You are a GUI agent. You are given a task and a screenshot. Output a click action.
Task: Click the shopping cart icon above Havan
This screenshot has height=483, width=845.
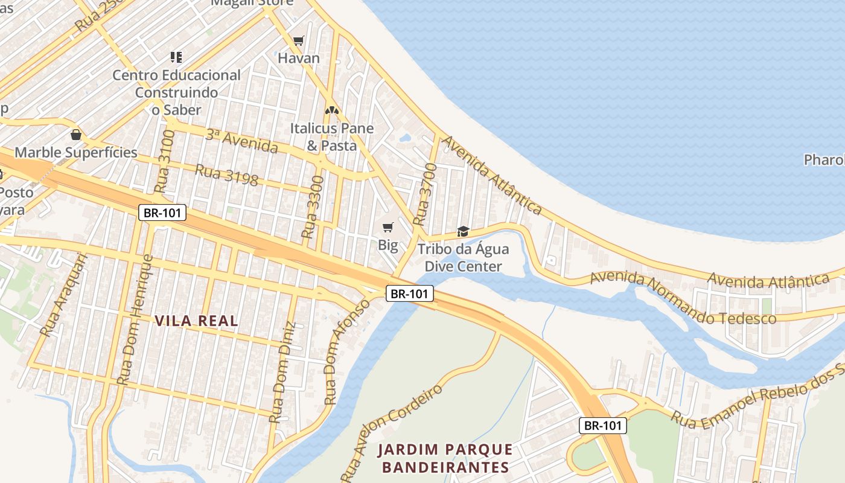point(298,41)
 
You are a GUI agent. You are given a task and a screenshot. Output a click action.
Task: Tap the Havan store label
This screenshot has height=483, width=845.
point(298,59)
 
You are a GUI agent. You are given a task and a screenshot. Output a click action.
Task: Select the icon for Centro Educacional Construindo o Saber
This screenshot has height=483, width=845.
point(176,57)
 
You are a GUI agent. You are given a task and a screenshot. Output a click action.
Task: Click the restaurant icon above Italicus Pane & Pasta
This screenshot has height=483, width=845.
point(331,110)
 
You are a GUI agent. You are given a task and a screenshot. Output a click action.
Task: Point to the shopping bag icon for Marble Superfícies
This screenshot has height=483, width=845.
point(76,135)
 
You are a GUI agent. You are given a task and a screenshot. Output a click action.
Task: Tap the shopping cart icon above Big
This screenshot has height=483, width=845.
point(388,228)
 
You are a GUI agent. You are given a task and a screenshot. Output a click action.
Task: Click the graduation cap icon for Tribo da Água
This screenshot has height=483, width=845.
point(463,231)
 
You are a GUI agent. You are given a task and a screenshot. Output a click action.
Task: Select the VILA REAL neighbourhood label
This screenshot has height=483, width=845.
point(197,321)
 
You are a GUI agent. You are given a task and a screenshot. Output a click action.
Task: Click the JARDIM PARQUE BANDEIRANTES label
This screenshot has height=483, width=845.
point(445,458)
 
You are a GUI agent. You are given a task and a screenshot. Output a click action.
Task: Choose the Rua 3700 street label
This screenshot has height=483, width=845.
point(424,194)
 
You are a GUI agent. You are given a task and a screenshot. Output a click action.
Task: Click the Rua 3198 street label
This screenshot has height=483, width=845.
point(226,174)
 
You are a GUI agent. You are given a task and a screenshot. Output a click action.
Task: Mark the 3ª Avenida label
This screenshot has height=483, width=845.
point(241,141)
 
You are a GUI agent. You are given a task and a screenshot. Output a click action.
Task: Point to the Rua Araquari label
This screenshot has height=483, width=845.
point(64,294)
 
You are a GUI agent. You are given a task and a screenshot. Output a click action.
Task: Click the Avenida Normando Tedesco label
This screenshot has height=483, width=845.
point(683,299)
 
